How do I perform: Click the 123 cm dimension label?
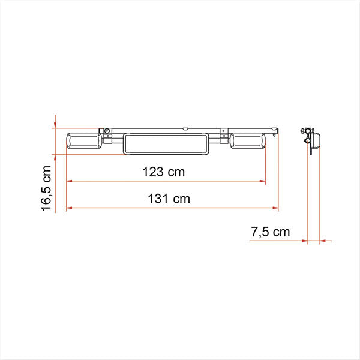(163, 172)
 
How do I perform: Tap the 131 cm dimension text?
(169, 199)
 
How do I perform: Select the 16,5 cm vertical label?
(46, 188)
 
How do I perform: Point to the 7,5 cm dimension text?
(270, 232)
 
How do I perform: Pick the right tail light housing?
(248, 141)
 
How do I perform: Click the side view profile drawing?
(311, 141)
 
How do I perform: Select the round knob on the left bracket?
(107, 131)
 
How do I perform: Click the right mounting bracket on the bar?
(223, 136)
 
